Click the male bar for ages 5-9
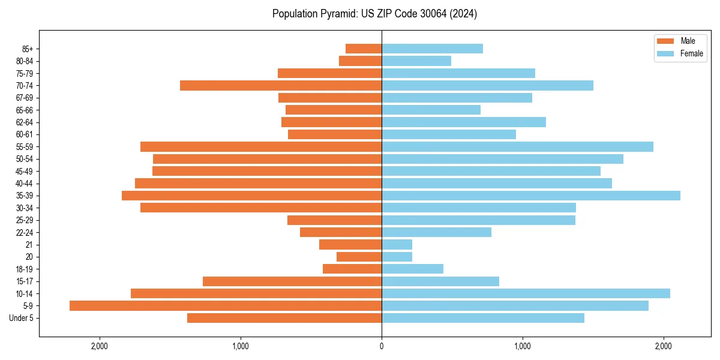point(226,306)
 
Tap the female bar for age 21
point(397,245)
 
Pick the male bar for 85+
point(364,49)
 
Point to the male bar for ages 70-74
point(281,86)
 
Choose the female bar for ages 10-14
point(526,293)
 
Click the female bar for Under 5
point(483,318)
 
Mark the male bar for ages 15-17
point(292,281)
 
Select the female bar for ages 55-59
point(517,147)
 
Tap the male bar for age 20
point(359,257)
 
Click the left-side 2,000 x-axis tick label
point(100,347)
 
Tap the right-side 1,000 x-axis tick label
point(523,347)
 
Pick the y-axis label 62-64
point(25,122)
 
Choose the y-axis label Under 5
point(22,318)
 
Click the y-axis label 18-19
point(25,269)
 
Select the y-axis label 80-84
point(25,61)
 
